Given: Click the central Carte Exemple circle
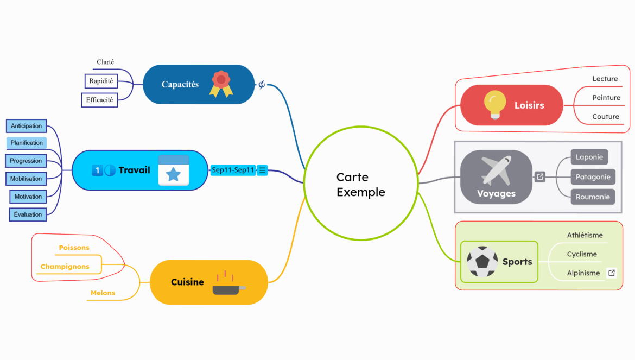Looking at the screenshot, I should pyautogui.click(x=360, y=184).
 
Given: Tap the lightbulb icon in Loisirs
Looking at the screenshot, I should pyautogui.click(x=494, y=105).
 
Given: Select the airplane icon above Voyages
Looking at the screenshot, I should pyautogui.click(x=496, y=170).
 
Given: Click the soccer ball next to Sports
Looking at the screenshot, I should pyautogui.click(x=482, y=262).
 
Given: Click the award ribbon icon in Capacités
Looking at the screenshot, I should pyautogui.click(x=221, y=84).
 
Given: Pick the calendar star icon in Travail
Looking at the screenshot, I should pyautogui.click(x=173, y=170).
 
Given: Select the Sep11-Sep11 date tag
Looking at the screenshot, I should pyautogui.click(x=233, y=170).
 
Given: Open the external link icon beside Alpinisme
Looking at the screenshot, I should pyautogui.click(x=612, y=273).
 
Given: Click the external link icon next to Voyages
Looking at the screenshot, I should pyautogui.click(x=540, y=177).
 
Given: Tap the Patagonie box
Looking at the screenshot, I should pyautogui.click(x=593, y=177).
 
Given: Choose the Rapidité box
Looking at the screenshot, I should pyautogui.click(x=101, y=81).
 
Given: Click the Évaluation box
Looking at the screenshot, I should pyautogui.click(x=28, y=214).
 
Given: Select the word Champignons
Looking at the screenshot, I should pyautogui.click(x=65, y=267).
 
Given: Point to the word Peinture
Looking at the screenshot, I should pyautogui.click(x=606, y=98).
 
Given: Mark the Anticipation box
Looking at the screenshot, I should pyautogui.click(x=26, y=126).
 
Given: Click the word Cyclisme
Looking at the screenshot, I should pyautogui.click(x=582, y=254).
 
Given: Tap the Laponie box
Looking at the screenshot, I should pyautogui.click(x=589, y=157).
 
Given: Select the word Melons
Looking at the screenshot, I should pyautogui.click(x=103, y=293).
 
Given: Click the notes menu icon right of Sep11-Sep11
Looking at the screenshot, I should pyautogui.click(x=263, y=170).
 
